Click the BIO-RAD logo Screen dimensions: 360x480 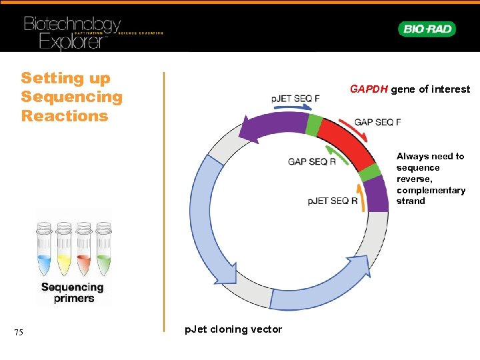tap(427, 29)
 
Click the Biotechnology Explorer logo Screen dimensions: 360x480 tap(73, 32)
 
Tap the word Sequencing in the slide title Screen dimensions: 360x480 tap(72, 97)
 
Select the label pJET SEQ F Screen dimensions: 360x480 tap(295, 99)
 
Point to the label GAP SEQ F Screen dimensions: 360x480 tap(377, 123)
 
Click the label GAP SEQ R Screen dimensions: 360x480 tap(312, 161)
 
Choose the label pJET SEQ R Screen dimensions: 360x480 tap(333, 201)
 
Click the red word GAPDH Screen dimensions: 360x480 tap(369, 89)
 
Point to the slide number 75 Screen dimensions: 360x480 tap(19, 333)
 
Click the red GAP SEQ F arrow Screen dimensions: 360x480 tap(353, 127)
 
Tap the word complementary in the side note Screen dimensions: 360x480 tap(431, 190)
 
